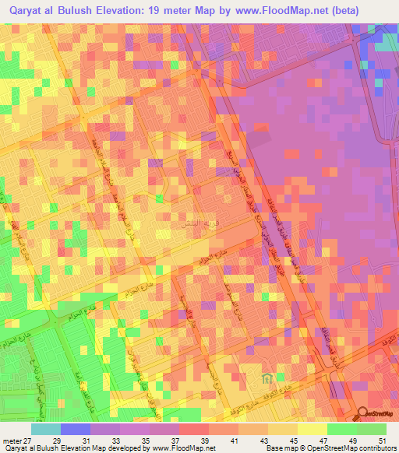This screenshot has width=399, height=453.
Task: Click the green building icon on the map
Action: (x=267, y=379)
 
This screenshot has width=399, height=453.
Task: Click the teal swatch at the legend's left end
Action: (x=46, y=428)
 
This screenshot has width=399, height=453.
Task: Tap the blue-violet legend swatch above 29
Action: (x=76, y=428)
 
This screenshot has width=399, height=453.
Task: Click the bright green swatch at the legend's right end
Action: (x=372, y=428)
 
